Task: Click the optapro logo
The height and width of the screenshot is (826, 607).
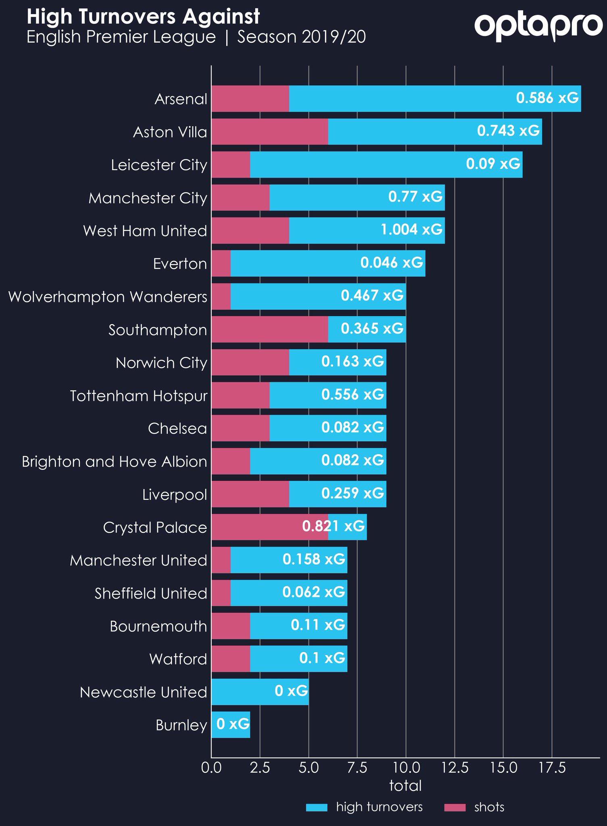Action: click(x=538, y=27)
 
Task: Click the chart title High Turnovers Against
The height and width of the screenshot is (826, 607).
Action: click(x=143, y=17)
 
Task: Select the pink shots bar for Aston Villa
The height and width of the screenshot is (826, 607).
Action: click(x=270, y=131)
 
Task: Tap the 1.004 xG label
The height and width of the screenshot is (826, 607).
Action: click(x=412, y=229)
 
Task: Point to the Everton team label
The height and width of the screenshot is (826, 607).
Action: click(x=180, y=264)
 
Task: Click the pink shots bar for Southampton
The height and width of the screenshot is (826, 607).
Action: click(x=270, y=329)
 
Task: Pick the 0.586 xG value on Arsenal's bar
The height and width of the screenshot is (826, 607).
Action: click(x=547, y=98)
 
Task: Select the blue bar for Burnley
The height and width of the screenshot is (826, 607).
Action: click(x=231, y=725)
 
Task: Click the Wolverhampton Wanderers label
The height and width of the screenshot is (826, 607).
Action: click(x=108, y=297)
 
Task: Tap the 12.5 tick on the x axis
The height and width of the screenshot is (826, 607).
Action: click(x=455, y=768)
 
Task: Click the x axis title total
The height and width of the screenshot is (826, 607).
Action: click(x=405, y=786)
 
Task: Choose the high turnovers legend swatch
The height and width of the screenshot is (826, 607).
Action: click(x=317, y=807)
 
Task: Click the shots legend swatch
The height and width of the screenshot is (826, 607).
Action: click(x=455, y=807)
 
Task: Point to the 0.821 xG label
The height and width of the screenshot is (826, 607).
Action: click(x=334, y=526)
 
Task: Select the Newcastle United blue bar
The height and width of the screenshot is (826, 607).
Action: click(x=260, y=692)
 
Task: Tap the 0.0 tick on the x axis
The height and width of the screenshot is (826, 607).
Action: click(x=211, y=768)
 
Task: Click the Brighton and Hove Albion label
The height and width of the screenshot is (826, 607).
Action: click(x=115, y=461)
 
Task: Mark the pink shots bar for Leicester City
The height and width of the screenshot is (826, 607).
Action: click(x=231, y=165)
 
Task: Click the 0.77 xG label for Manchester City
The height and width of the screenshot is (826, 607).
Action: click(x=415, y=196)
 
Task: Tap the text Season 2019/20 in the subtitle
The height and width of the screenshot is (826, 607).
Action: click(x=302, y=37)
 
